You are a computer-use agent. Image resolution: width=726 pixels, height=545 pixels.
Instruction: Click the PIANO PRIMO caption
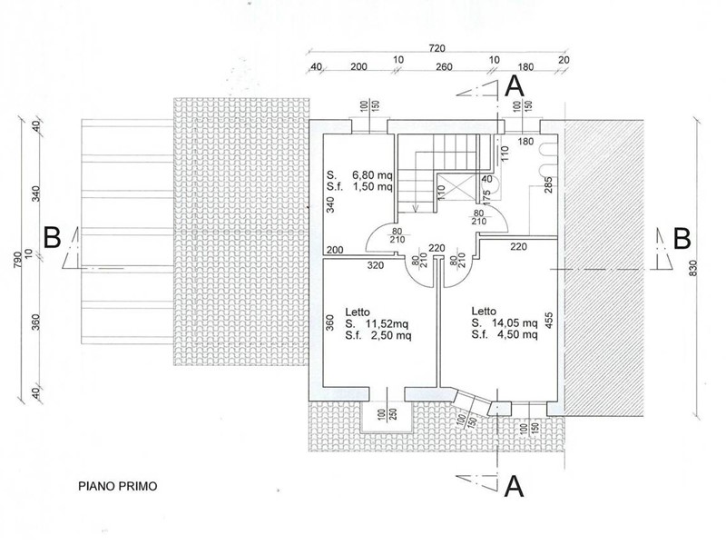pyautogui.click(x=118, y=486)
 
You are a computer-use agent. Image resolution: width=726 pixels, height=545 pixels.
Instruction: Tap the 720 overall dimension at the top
pyautogui.click(x=437, y=48)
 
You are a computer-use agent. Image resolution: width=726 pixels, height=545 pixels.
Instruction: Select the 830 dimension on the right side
pyautogui.click(x=692, y=268)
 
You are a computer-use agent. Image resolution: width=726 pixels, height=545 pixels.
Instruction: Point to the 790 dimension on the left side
pyautogui.click(x=18, y=256)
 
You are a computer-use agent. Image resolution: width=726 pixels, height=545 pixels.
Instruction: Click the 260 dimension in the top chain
pyautogui.click(x=444, y=67)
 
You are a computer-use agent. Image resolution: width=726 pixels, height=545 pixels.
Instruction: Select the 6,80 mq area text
pyautogui.click(x=372, y=175)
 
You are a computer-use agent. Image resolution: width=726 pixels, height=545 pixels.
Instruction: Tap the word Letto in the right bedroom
pyautogui.click(x=484, y=311)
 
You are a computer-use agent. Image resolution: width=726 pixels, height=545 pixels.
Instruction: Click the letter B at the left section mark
pyautogui.click(x=52, y=238)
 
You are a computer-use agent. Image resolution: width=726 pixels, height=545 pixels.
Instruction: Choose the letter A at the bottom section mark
pyautogui.click(x=514, y=487)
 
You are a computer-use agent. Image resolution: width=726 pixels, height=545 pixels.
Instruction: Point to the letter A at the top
pyautogui.click(x=515, y=86)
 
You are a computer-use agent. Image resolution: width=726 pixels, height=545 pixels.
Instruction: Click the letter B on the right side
pyautogui.click(x=682, y=238)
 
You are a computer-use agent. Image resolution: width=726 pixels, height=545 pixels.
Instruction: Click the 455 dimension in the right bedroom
pyautogui.click(x=550, y=321)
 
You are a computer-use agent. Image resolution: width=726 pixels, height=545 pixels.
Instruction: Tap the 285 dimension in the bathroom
pyautogui.click(x=549, y=185)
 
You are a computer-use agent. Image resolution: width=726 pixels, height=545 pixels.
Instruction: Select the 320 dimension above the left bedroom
pyautogui.click(x=376, y=265)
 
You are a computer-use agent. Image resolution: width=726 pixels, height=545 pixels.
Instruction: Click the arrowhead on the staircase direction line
pyautogui.click(x=416, y=208)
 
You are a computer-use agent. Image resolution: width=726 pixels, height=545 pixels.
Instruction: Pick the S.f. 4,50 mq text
pyautogui.click(x=505, y=334)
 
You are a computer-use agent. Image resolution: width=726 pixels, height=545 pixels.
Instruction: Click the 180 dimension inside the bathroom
pyautogui.click(x=525, y=142)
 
